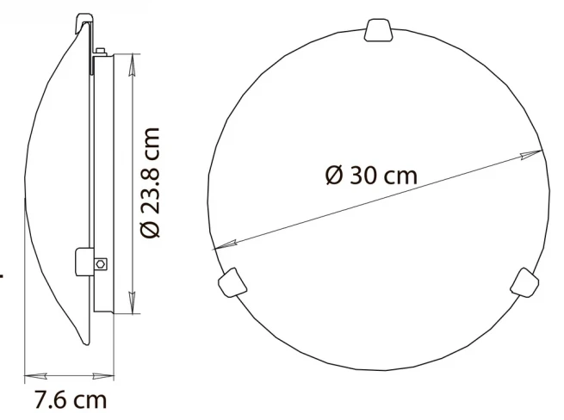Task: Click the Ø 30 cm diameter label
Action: pyautogui.click(x=371, y=176)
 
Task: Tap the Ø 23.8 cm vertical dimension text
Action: pyautogui.click(x=150, y=182)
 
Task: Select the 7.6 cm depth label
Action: pyautogui.click(x=71, y=399)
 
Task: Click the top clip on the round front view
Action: pyautogui.click(x=378, y=30)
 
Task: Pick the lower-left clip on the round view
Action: pyautogui.click(x=232, y=282)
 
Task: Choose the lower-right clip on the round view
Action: pyautogui.click(x=524, y=282)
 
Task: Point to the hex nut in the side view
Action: pyautogui.click(x=101, y=264)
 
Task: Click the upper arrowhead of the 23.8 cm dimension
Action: pyautogui.click(x=133, y=65)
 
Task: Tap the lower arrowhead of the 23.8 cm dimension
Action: pyautogui.click(x=133, y=302)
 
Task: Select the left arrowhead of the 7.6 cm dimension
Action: pyautogui.click(x=35, y=376)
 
